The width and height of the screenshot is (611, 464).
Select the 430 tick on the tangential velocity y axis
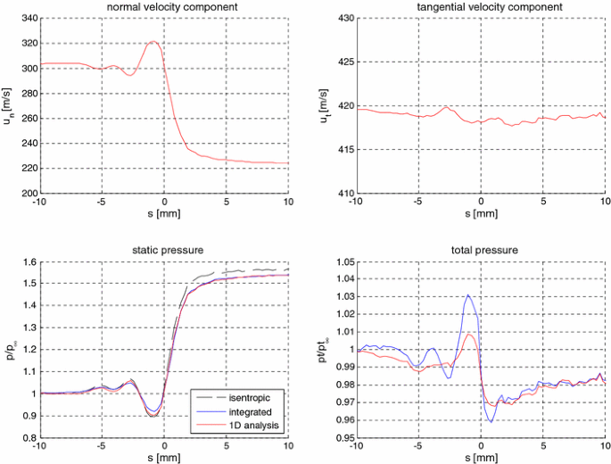tap(342, 18)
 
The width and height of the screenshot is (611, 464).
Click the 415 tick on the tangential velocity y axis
tap(342, 149)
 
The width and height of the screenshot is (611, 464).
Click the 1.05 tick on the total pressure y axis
tap(341, 262)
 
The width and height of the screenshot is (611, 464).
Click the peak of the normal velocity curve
tap(153, 41)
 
